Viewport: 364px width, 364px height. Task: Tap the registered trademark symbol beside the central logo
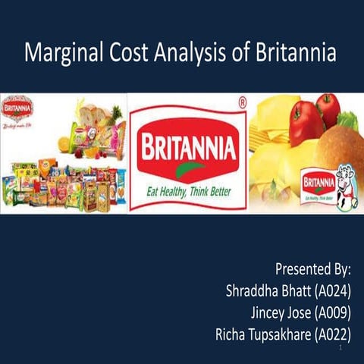(241, 101)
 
